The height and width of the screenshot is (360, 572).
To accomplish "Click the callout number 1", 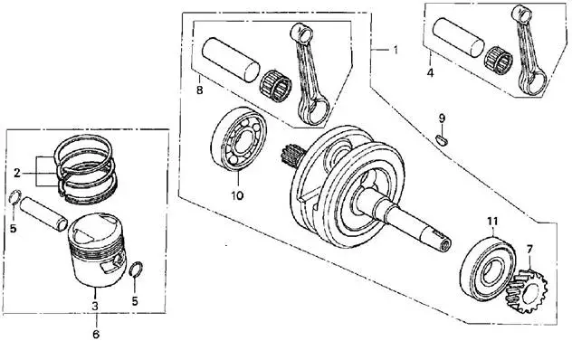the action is [396, 50].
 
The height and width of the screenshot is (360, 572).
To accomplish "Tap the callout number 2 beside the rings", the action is [17, 173].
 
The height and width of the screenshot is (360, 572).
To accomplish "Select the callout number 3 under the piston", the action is [95, 306].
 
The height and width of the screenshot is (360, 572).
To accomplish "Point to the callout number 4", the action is [431, 72].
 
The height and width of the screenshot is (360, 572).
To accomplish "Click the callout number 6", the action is [96, 334].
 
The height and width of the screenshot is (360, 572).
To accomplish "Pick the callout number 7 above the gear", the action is [529, 249].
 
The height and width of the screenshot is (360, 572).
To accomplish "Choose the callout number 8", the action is [199, 90].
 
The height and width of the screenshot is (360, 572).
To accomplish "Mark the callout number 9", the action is [442, 118].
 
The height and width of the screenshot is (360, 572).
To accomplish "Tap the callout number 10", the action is [237, 195].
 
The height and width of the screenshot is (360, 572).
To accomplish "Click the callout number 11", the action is [492, 221].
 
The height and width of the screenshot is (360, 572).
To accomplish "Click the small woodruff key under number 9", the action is [443, 139].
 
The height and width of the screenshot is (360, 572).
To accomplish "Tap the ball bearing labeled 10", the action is [239, 139].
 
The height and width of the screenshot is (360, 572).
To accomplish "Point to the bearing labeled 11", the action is [487, 270].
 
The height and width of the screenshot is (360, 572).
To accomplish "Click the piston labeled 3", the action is [97, 250].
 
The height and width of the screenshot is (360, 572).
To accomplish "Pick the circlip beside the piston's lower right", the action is [136, 270].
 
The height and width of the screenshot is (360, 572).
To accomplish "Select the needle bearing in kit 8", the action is [276, 86].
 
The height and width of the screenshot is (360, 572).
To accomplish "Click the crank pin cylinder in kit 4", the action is [458, 37].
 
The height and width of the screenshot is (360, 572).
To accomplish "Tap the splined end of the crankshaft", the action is [290, 156].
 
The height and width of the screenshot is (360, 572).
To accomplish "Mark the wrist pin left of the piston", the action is [43, 213].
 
